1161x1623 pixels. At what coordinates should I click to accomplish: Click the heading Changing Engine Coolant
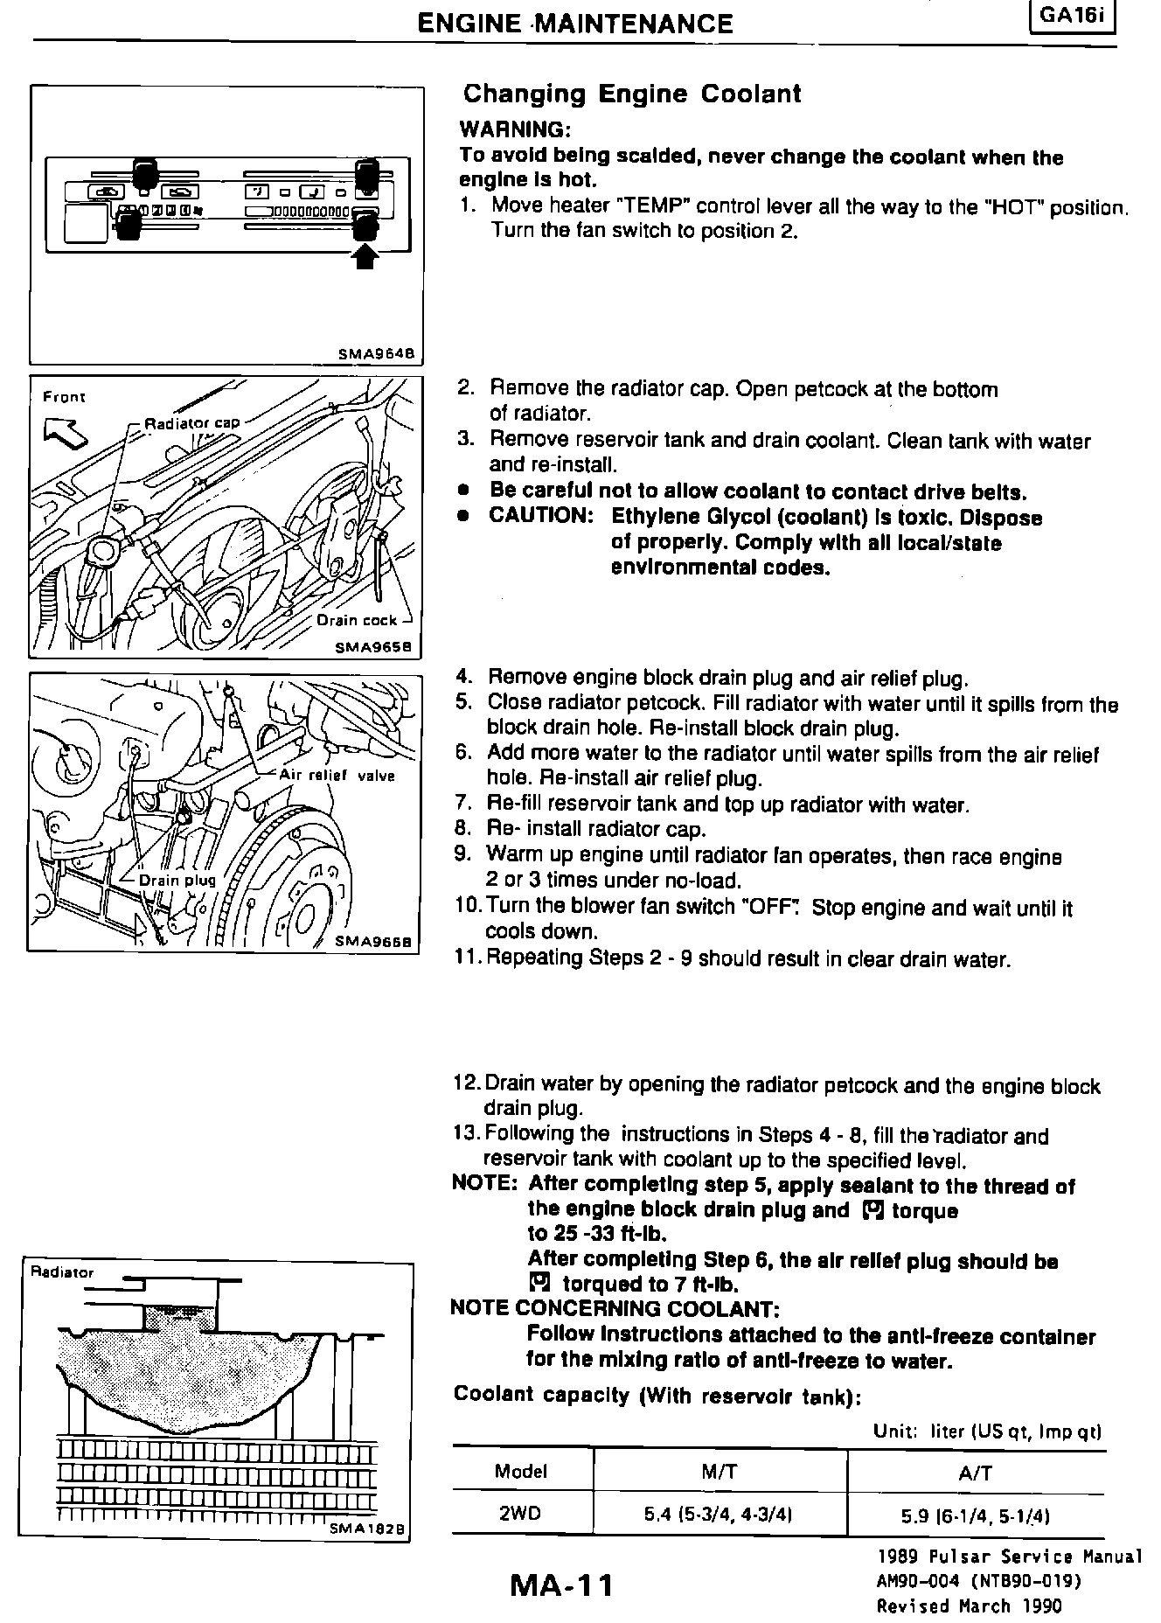pos(631,94)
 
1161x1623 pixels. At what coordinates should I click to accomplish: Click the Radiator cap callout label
pos(191,423)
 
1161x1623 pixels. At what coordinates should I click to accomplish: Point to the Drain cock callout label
pos(357,620)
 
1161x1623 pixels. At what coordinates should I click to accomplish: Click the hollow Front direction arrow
pos(64,429)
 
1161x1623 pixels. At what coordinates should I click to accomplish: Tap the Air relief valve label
pos(337,775)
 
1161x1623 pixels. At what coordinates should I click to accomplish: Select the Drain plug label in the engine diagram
pos(177,880)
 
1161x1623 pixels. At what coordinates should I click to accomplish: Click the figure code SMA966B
pos(378,942)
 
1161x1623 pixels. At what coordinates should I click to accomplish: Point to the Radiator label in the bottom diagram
pos(61,1272)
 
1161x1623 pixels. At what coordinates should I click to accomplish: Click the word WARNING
pos(515,130)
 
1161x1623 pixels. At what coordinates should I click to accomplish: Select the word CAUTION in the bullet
pos(540,515)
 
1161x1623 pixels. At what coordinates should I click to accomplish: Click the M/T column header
pos(720,1472)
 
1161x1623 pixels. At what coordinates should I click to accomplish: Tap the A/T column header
pos(976,1473)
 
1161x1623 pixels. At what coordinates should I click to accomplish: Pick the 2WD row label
pos(520,1514)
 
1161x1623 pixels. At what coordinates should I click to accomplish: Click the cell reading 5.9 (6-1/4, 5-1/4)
pos(976,1515)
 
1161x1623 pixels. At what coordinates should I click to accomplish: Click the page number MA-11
pos(562,1584)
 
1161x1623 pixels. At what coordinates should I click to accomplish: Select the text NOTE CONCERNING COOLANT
pos(614,1309)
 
